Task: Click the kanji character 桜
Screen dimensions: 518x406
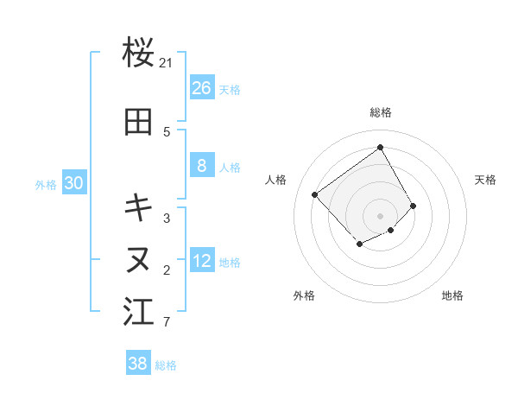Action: click(139, 54)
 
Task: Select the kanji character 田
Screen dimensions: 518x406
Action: click(139, 123)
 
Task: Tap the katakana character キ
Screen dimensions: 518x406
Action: click(139, 207)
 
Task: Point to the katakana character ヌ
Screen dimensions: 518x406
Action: click(139, 258)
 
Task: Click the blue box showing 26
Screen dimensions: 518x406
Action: click(202, 88)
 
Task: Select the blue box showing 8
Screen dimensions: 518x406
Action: click(202, 167)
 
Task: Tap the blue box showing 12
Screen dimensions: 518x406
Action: click(202, 262)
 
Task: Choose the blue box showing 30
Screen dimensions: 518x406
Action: click(73, 183)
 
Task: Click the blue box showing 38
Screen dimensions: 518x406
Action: click(138, 364)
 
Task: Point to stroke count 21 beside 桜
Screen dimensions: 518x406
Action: click(167, 63)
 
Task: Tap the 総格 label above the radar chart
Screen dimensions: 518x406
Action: click(381, 112)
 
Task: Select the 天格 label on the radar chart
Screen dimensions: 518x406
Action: click(486, 180)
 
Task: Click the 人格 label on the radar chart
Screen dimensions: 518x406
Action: click(276, 180)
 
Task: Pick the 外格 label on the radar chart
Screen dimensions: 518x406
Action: click(304, 295)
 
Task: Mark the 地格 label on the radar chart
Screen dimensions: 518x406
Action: click(452, 295)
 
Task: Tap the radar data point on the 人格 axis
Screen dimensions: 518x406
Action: click(315, 194)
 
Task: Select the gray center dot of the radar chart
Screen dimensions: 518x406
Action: click(381, 215)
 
